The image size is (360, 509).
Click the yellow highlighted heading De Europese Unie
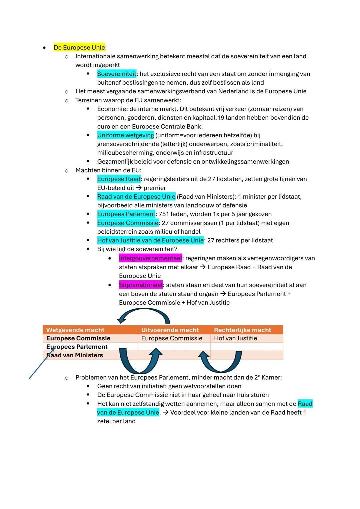[x=79, y=47]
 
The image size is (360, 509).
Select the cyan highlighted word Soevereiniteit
[x=117, y=74]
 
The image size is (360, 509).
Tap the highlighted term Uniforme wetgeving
[x=125, y=135]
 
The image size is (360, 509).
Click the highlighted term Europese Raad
[x=119, y=179]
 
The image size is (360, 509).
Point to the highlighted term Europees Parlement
[x=126, y=214]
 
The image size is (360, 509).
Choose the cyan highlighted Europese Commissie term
[x=128, y=223]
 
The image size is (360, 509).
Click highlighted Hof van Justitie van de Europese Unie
[x=150, y=240]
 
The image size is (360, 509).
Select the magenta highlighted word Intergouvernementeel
[x=150, y=258]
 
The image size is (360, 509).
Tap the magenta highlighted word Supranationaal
[x=141, y=285]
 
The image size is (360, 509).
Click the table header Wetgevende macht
[x=75, y=330]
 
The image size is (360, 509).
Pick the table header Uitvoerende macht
[x=170, y=330]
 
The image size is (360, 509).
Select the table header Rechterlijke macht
[x=242, y=330]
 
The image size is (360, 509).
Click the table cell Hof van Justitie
[x=235, y=338]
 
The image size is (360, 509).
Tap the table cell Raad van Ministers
[x=75, y=355]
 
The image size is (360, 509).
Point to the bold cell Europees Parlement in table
[x=77, y=347]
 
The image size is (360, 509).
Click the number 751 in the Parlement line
[x=164, y=214]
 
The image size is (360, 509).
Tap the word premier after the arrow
[x=155, y=188]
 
